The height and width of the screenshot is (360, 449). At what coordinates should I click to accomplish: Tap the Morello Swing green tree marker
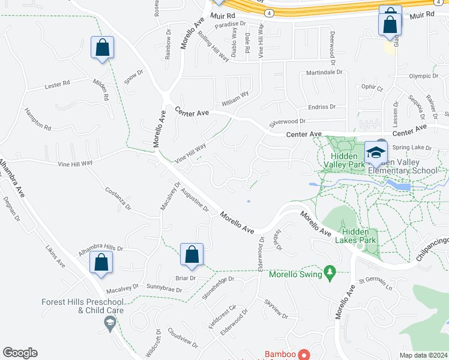pos(328,272)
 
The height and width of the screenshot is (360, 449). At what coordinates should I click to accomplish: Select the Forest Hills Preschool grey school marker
pos(109,325)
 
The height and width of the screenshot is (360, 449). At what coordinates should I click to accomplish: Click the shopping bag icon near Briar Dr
pos(191,254)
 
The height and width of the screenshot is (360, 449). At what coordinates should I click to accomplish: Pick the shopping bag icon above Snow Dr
pos(102,48)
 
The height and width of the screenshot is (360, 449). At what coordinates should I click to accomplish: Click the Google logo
pos(20,353)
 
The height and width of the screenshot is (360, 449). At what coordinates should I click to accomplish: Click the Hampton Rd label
pos(38,119)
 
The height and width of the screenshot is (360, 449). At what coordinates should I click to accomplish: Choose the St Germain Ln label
pos(375,283)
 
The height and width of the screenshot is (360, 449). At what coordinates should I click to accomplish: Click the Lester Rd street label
pos(58,85)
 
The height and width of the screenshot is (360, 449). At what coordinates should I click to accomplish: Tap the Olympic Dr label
pos(424,76)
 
